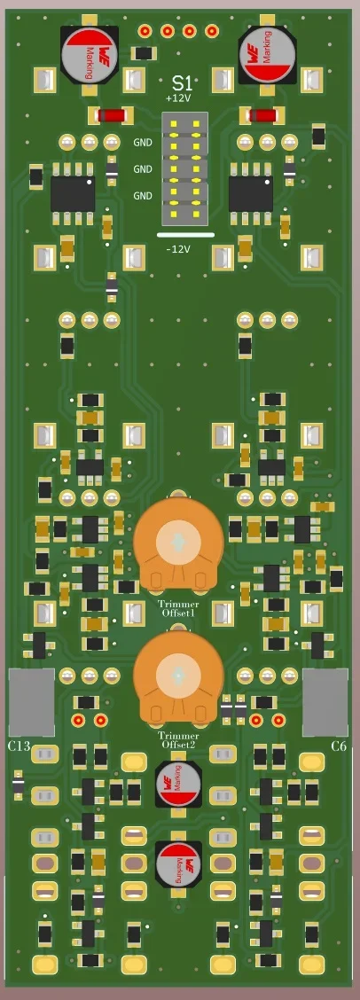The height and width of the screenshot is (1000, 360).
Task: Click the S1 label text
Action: pyautogui.click(x=180, y=82)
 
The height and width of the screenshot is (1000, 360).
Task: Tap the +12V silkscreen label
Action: pyautogui.click(x=178, y=98)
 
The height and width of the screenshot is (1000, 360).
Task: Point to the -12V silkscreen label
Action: pyautogui.click(x=178, y=249)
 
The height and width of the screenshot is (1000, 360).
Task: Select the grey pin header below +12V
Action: pyautogui.click(x=184, y=168)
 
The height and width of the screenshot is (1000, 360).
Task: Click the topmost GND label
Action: pyautogui.click(x=143, y=142)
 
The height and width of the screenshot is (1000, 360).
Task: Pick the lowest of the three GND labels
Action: pyautogui.click(x=143, y=195)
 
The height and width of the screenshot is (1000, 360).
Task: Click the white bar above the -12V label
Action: pyautogui.click(x=184, y=235)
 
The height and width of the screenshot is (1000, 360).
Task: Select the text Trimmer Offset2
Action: pyautogui.click(x=178, y=740)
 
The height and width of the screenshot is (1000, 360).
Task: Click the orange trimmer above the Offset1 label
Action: pyautogui.click(x=178, y=543)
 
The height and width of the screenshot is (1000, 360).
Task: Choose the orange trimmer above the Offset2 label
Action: pyautogui.click(x=178, y=676)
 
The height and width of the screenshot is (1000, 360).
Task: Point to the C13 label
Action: pyautogui.click(x=20, y=746)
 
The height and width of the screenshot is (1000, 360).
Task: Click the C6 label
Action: pyautogui.click(x=338, y=746)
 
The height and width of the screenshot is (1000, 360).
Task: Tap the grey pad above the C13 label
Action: pyautogui.click(x=31, y=702)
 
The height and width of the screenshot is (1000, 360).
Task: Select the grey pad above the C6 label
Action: pyautogui.click(x=325, y=702)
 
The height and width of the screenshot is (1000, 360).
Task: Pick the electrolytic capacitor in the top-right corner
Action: pyautogui.click(x=268, y=54)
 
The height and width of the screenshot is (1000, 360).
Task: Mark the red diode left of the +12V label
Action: pyautogui.click(x=111, y=115)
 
